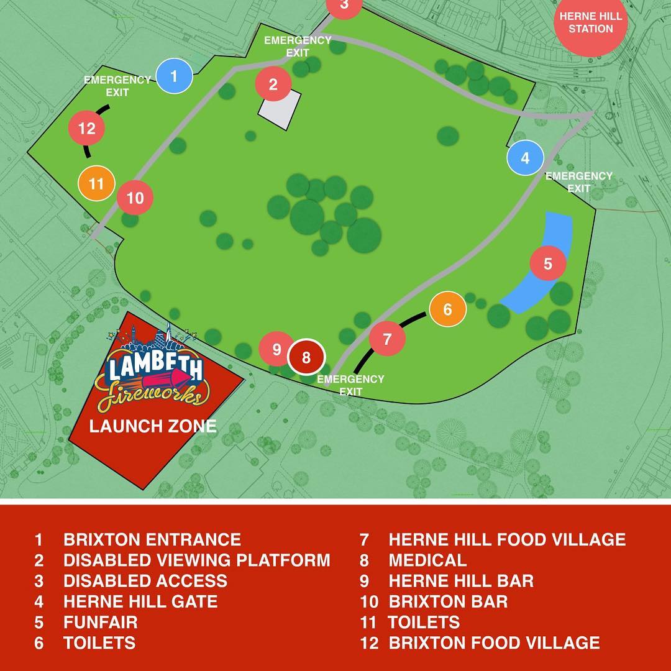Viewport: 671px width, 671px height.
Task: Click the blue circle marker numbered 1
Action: (x=174, y=76)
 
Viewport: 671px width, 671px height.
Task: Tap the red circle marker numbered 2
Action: (x=273, y=84)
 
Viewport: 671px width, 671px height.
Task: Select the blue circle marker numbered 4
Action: (x=526, y=158)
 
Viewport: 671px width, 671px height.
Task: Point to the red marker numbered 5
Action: (x=548, y=263)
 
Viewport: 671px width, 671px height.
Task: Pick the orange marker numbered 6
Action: (x=447, y=308)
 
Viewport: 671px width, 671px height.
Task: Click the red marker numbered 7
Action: (x=388, y=339)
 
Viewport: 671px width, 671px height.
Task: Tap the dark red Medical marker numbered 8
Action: (x=306, y=357)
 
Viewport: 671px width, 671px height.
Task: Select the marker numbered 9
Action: (x=276, y=349)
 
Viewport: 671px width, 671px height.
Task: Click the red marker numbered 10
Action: (x=135, y=198)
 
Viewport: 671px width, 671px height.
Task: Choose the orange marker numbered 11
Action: (x=96, y=184)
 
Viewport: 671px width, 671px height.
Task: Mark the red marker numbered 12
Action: (x=87, y=129)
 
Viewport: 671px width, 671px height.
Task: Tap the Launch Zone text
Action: (x=153, y=426)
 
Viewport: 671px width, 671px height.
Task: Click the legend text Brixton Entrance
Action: (x=152, y=539)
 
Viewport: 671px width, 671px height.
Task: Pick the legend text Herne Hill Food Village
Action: (x=507, y=539)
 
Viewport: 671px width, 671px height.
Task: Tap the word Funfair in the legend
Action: (x=101, y=622)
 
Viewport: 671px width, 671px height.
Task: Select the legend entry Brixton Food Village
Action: (x=494, y=642)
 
